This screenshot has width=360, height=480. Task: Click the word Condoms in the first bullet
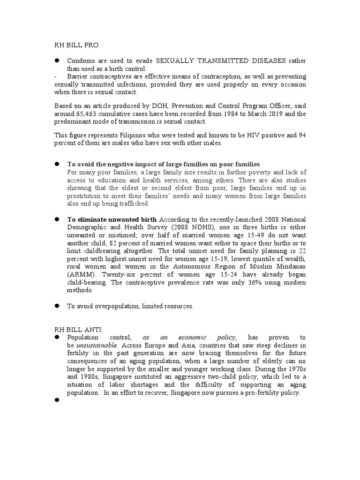[x=80, y=61]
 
